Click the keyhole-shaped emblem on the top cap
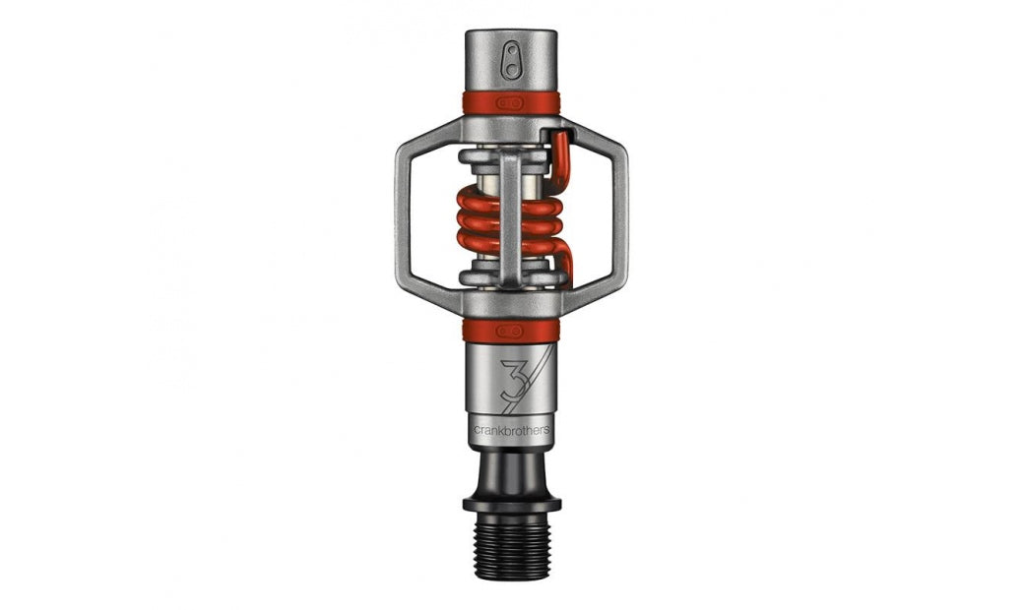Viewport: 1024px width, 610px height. click(511, 60)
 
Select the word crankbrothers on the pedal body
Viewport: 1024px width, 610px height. click(511, 431)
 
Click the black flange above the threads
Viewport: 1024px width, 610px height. click(512, 505)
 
